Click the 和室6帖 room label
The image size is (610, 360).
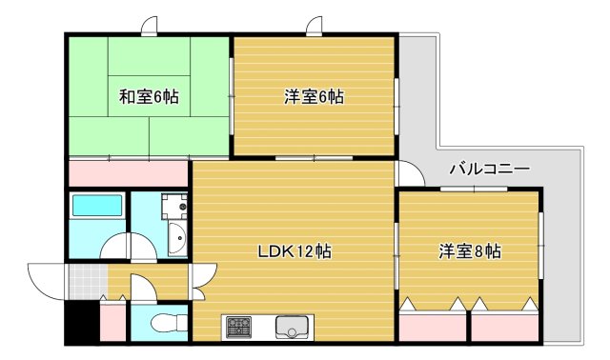150,96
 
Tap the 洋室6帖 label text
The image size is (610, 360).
314,96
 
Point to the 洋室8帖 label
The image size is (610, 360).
470,251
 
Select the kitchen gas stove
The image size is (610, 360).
237,327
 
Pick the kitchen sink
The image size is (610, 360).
292,327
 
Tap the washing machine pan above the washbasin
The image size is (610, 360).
173,207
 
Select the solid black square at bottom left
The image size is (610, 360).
81,324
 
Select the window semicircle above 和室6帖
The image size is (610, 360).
150,27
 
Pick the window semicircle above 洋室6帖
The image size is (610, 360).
314,27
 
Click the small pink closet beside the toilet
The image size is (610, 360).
113,322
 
